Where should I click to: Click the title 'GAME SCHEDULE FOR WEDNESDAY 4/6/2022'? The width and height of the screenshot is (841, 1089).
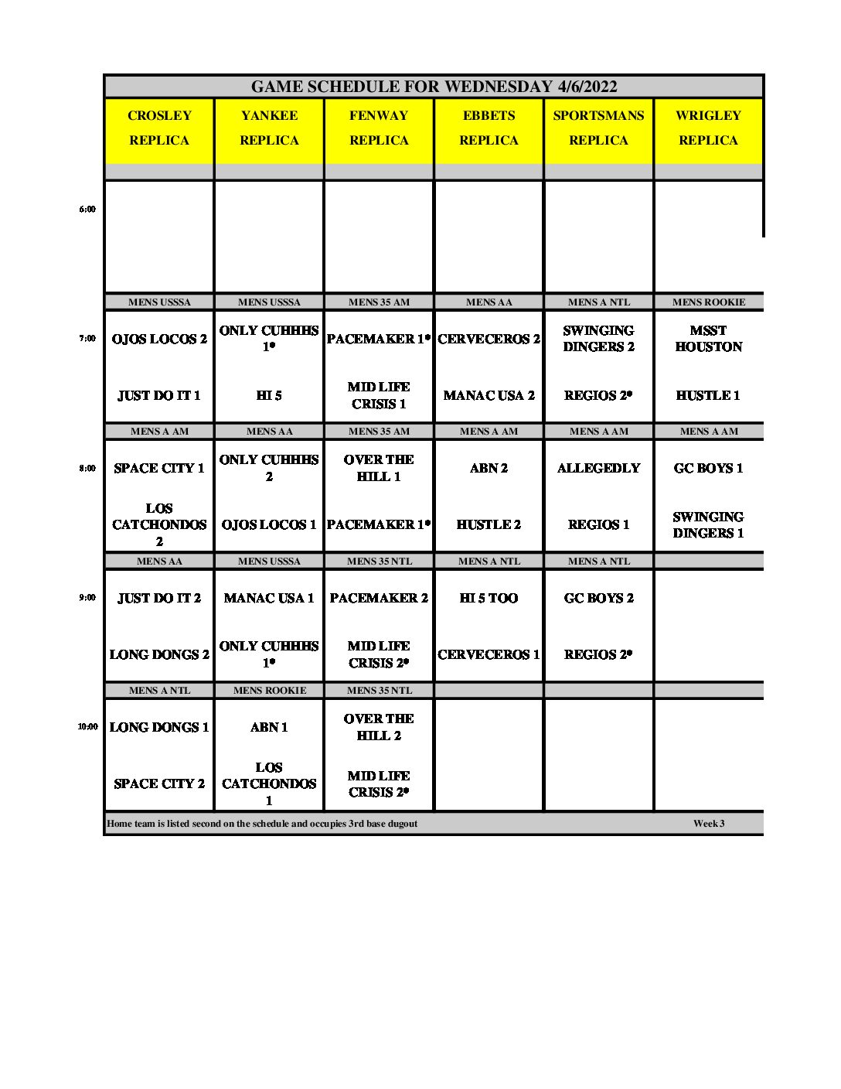click(x=434, y=87)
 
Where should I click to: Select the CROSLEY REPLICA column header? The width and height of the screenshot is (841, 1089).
click(x=159, y=128)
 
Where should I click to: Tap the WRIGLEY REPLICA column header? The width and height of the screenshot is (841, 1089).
click(x=708, y=128)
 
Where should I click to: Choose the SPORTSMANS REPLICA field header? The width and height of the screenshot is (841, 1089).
click(x=598, y=128)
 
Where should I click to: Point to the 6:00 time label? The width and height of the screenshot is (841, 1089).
click(x=87, y=210)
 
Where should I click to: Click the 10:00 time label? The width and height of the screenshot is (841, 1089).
click(x=87, y=727)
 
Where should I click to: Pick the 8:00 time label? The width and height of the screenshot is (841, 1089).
click(x=87, y=468)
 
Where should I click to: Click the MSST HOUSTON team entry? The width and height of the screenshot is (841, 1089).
click(x=708, y=339)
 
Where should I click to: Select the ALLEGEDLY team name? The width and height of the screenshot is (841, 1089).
click(x=598, y=468)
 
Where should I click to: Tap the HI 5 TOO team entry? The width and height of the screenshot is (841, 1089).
click(x=489, y=598)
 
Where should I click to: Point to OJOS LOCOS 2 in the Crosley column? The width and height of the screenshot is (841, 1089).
click(x=159, y=339)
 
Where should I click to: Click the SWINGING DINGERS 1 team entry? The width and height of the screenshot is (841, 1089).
click(x=708, y=524)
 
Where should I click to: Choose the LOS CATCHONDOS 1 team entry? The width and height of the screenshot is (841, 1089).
click(x=269, y=783)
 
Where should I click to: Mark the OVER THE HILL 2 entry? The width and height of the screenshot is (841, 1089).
click(x=379, y=727)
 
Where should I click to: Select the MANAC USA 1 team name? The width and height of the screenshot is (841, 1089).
click(x=269, y=598)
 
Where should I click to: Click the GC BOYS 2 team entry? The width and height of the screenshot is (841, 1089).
click(x=598, y=598)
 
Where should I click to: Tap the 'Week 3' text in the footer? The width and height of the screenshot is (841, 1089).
click(x=709, y=824)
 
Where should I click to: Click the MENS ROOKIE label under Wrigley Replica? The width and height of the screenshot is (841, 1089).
click(x=708, y=302)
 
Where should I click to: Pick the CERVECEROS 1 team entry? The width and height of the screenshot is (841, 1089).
click(x=489, y=654)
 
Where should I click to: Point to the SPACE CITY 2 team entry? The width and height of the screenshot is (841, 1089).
click(x=159, y=783)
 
